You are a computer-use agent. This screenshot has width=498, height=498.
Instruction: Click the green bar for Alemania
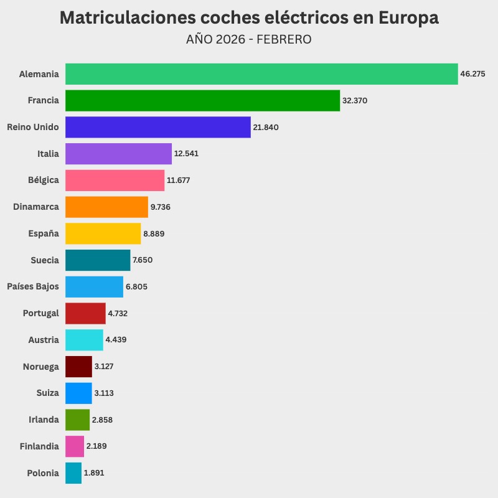(261, 74)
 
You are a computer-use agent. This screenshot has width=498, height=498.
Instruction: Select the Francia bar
(202, 101)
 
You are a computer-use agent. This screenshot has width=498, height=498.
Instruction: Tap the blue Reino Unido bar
(158, 127)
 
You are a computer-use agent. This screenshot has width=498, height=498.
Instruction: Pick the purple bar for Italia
(118, 154)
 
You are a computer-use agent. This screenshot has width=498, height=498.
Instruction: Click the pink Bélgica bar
(115, 181)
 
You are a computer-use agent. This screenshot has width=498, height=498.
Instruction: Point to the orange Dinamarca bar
(106, 207)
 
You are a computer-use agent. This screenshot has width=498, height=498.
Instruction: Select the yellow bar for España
(103, 233)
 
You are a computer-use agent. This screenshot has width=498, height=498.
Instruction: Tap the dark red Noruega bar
(78, 367)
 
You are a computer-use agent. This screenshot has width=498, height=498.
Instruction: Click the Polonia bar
(73, 473)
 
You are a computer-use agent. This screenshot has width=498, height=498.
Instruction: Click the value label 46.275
(472, 74)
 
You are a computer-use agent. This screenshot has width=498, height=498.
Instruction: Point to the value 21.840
(266, 127)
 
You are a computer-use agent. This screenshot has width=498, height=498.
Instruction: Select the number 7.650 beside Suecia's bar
(143, 260)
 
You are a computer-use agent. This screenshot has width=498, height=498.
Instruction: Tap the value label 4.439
(116, 340)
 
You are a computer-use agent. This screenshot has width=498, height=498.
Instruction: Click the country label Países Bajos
(33, 286)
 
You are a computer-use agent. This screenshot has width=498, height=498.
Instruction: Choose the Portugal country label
(40, 313)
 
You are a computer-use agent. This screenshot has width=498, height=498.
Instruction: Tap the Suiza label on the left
(48, 393)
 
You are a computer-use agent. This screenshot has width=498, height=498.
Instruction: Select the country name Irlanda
(44, 420)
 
